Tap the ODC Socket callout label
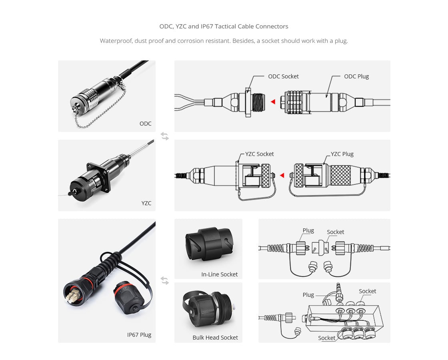tap(283, 76)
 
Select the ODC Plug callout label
tap(356, 76)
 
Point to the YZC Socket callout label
tap(260, 154)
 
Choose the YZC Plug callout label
tap(342, 154)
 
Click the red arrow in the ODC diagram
tap(273, 102)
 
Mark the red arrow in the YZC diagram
tap(282, 176)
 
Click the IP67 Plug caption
tap(139, 334)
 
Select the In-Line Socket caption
tap(219, 274)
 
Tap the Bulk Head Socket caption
tap(215, 337)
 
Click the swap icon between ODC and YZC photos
tap(165, 136)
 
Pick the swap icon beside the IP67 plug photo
tap(165, 281)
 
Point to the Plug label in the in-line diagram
tap(308, 230)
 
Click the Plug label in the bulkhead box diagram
tap(308, 295)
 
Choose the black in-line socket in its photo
tap(208, 244)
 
